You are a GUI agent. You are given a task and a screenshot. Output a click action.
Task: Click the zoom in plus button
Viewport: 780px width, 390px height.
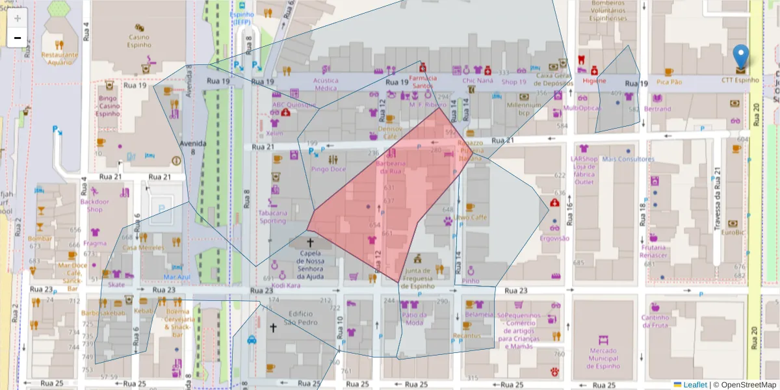(x=18, y=18)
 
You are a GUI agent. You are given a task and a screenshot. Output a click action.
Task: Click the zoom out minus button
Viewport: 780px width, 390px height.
(x=18, y=38)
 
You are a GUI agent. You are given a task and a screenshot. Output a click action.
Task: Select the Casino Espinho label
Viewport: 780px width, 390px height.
(x=138, y=41)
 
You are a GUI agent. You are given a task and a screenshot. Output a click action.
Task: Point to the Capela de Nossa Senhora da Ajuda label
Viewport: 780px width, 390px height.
(x=309, y=263)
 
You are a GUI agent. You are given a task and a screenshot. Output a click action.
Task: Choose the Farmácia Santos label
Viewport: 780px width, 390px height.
(x=422, y=82)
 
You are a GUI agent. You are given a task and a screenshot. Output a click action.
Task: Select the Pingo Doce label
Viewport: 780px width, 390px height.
(x=328, y=170)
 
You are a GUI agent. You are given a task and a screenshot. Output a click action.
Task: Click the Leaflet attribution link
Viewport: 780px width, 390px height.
(x=694, y=385)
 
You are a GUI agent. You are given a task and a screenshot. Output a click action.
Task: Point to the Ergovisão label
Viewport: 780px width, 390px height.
(x=554, y=238)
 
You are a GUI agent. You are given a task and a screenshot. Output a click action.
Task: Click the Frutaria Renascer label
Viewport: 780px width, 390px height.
(x=654, y=251)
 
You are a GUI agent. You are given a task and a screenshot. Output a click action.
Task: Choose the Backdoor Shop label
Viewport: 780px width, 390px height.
(x=95, y=205)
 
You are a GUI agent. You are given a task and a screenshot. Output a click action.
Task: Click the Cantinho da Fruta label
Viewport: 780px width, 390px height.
(x=655, y=322)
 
